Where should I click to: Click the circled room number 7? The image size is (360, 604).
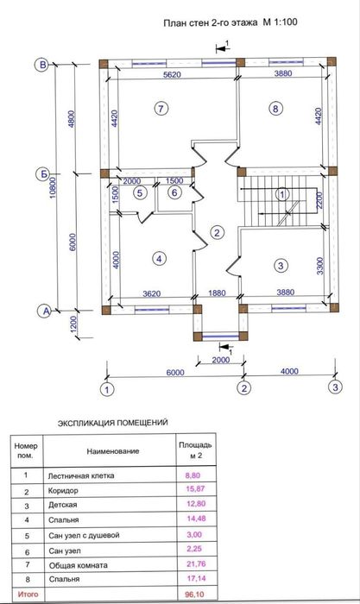click(161, 109)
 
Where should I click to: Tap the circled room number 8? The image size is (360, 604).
click(275, 109)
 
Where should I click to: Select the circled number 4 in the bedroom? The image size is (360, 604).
click(159, 259)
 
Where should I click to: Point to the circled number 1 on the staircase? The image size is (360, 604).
click(282, 194)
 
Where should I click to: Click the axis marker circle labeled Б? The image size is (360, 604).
click(44, 174)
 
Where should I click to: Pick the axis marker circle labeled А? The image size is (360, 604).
click(46, 311)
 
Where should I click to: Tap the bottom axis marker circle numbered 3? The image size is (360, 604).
click(335, 387)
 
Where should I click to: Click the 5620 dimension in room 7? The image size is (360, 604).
click(172, 74)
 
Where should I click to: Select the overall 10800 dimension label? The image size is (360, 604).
click(54, 187)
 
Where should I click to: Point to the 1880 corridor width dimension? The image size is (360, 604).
click(217, 293)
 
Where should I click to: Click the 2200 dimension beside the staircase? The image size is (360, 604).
click(319, 200)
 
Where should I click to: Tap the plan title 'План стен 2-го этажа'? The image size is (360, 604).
click(211, 22)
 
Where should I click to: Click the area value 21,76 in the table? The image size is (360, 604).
click(196, 564)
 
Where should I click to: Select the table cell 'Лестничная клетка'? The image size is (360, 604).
click(81, 475)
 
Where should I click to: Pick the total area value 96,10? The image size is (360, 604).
click(195, 595)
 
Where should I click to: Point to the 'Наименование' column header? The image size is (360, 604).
click(113, 451)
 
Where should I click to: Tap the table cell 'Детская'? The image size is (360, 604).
click(63, 505)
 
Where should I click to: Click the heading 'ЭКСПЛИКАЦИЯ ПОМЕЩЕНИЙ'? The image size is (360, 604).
click(113, 423)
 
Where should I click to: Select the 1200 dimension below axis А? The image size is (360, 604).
click(74, 324)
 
